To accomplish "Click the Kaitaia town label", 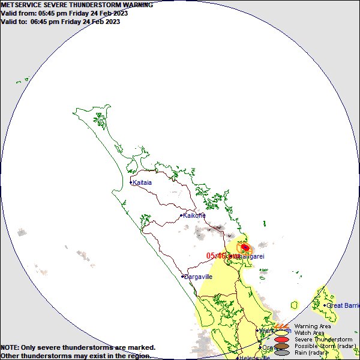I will (x=142, y=182).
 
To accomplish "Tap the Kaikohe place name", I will (x=194, y=215).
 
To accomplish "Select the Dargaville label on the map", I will (x=199, y=277).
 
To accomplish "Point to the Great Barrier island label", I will (x=343, y=305).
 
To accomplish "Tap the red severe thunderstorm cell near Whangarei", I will (x=245, y=247).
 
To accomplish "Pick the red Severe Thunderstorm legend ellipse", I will (x=282, y=340).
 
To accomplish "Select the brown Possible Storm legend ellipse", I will (x=282, y=346).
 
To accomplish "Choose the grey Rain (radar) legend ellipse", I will (x=282, y=353).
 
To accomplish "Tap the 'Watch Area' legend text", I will (x=309, y=333).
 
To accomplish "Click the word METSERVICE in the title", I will (x=22, y=5).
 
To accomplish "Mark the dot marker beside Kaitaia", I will (x=131, y=182).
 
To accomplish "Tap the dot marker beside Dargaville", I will (x=182, y=277).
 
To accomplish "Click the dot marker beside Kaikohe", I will (x=181, y=215).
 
